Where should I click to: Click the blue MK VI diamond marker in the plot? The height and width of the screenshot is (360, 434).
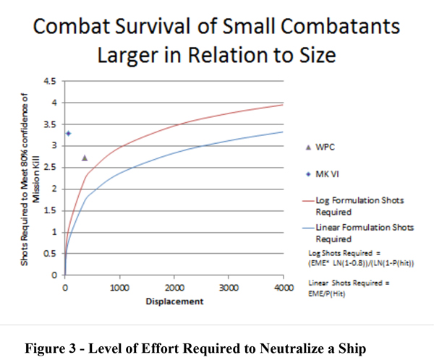click(68, 134)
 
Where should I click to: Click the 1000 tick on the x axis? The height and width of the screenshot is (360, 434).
click(119, 286)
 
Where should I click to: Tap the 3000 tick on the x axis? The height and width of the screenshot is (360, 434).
click(228, 286)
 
